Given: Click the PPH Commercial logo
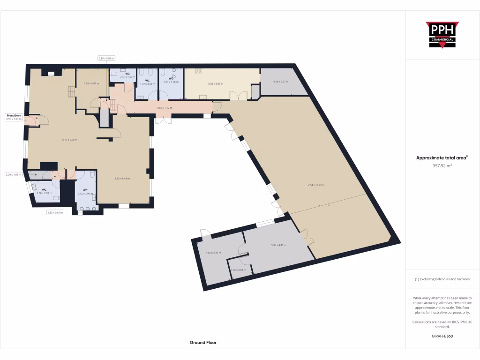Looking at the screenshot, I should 442,35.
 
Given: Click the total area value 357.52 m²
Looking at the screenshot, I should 442,165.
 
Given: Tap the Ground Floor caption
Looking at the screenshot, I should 203,343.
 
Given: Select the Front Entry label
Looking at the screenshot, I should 14,115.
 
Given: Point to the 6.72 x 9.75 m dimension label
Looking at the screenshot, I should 70,140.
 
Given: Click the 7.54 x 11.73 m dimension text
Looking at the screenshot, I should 316,185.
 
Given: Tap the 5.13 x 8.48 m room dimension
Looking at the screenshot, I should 122,178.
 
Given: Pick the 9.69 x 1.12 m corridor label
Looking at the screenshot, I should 165,108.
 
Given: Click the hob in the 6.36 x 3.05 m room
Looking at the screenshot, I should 198,72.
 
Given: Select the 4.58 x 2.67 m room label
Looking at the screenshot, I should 280,82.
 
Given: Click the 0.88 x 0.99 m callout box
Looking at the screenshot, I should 106,58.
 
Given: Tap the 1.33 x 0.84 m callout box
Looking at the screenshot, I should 55,212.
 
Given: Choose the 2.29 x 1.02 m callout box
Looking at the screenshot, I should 14,175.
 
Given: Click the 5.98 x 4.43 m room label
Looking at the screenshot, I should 278,245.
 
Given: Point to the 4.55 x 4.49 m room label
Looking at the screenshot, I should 213,253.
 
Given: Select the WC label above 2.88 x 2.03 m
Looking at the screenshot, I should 45,189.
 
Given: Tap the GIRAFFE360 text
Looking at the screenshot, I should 442,336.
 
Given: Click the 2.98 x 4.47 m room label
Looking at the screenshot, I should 91,83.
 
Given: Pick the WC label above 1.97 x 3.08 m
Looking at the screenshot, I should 147,81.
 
